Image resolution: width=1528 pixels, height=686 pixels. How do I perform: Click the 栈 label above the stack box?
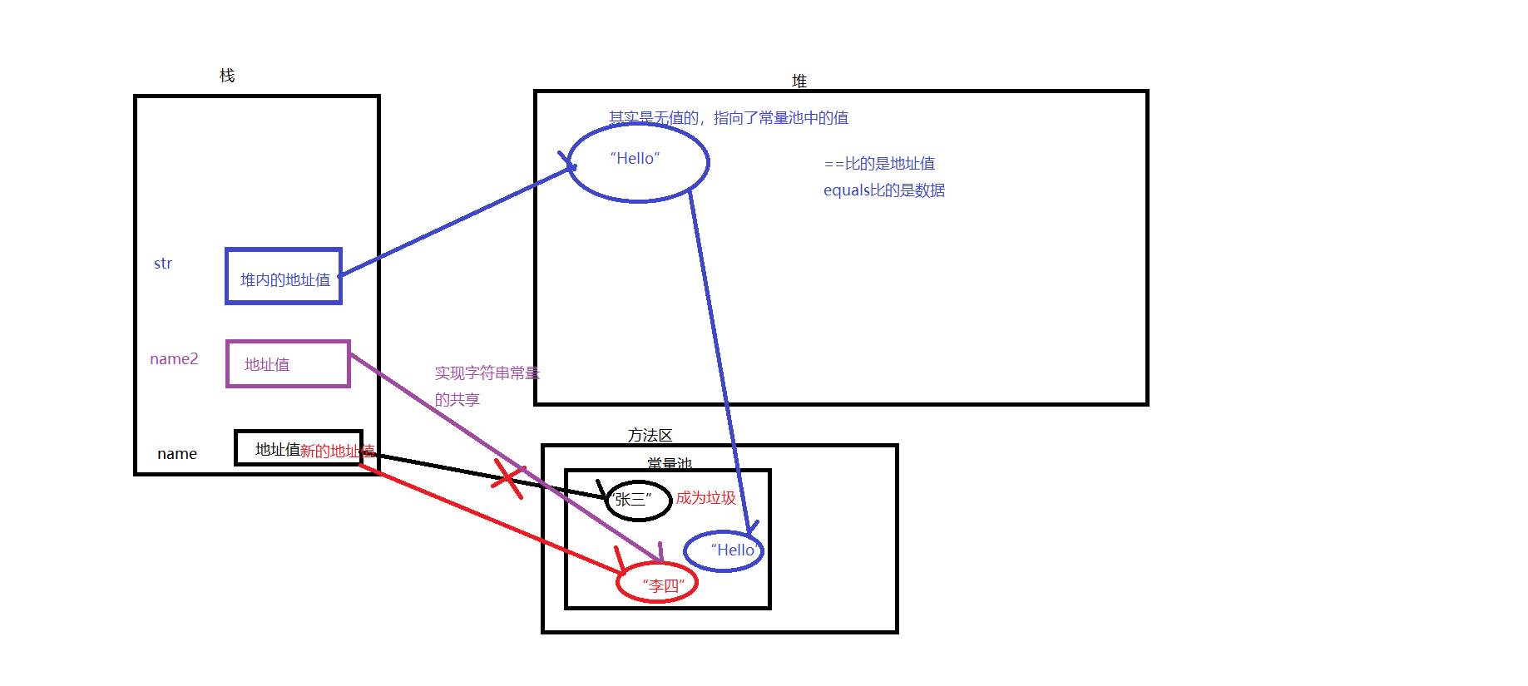(x=227, y=76)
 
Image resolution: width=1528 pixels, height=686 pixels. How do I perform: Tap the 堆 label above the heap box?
(x=799, y=81)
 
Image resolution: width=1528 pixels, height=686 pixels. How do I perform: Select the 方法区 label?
(x=650, y=435)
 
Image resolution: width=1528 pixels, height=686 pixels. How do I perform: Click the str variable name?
(x=163, y=264)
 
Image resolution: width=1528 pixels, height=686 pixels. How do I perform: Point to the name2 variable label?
(x=174, y=359)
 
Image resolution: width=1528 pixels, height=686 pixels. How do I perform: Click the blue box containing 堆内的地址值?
(x=284, y=277)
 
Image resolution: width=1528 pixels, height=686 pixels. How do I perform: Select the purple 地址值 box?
(x=288, y=364)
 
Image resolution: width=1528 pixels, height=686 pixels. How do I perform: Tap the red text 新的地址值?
(x=337, y=452)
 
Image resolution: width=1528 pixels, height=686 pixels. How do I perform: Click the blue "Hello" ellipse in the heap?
(x=638, y=162)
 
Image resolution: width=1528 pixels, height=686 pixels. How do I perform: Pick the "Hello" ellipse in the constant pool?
(x=724, y=551)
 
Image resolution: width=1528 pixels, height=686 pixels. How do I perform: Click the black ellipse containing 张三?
(x=638, y=500)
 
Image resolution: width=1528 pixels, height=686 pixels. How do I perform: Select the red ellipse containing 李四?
(x=656, y=583)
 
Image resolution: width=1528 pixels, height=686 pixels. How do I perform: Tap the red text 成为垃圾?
(x=705, y=497)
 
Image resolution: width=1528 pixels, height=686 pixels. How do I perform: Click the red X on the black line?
(x=507, y=478)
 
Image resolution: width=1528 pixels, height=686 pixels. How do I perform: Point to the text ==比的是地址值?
(x=879, y=164)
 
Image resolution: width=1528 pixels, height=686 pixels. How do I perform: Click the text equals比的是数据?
(x=883, y=190)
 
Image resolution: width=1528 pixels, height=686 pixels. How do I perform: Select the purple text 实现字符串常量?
(x=487, y=373)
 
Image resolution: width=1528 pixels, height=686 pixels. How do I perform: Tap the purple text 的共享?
(x=457, y=400)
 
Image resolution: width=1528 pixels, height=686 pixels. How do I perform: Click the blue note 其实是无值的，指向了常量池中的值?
(x=729, y=118)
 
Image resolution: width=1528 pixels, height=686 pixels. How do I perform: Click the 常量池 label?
(x=670, y=463)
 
